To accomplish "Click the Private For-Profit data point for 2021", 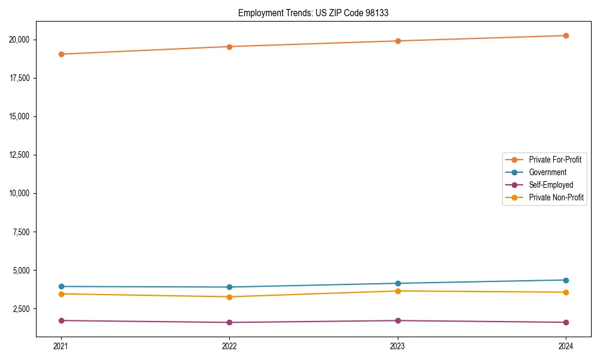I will tap(61, 54).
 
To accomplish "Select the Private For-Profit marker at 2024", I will tap(566, 35).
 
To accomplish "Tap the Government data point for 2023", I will tap(398, 283).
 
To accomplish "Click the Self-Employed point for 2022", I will tap(229, 322).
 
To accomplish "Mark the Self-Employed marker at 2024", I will tap(566, 322).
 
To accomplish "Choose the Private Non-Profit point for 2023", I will tap(398, 291).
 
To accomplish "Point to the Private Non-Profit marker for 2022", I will tap(229, 296).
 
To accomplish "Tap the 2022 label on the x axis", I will tap(229, 346).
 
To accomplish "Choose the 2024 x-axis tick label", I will tap(566, 346).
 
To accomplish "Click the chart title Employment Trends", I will tap(313, 13).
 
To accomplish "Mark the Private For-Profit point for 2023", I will tap(398, 41).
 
